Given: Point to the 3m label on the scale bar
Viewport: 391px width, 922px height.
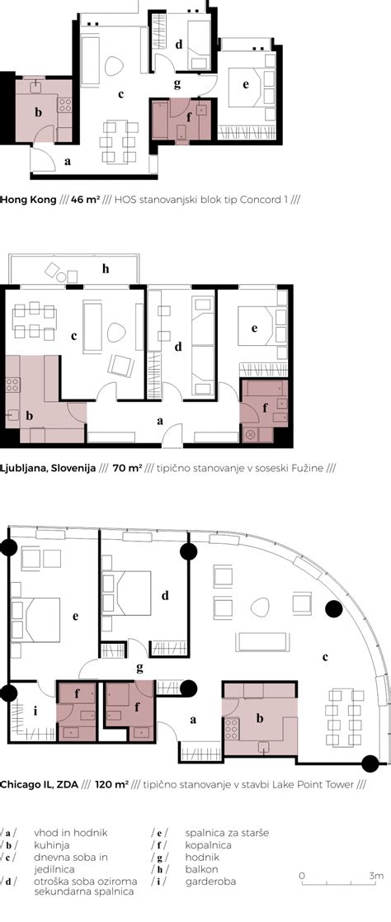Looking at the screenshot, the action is tap(376, 876).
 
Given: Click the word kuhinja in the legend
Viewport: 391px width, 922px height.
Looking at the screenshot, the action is tap(52, 845).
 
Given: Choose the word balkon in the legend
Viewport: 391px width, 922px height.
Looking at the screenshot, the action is tap(201, 869).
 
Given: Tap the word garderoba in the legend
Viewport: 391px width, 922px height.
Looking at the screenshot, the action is tap(210, 882).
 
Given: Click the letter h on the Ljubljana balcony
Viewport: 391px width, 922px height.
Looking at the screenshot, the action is tap(106, 269).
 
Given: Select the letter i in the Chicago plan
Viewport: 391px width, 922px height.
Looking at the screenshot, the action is tap(35, 711).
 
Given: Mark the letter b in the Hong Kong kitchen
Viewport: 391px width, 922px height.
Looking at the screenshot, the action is tap(39, 113).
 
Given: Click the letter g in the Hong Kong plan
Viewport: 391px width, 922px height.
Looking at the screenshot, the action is tap(177, 84).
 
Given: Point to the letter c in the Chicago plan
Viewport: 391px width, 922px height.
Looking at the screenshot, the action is tap(324, 657).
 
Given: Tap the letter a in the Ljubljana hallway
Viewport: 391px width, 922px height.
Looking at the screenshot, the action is tap(160, 421).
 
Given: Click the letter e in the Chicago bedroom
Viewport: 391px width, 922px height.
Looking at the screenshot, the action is tap(75, 617).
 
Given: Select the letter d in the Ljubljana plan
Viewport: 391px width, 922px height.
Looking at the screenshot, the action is tap(178, 347).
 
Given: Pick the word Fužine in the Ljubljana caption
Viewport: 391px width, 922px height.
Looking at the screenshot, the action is tap(308, 469).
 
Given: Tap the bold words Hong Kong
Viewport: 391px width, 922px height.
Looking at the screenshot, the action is tap(28, 199).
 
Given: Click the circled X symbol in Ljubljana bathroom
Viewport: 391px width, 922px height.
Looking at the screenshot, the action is tap(249, 435).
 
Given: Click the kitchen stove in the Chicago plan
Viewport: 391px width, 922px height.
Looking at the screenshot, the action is tap(231, 729).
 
